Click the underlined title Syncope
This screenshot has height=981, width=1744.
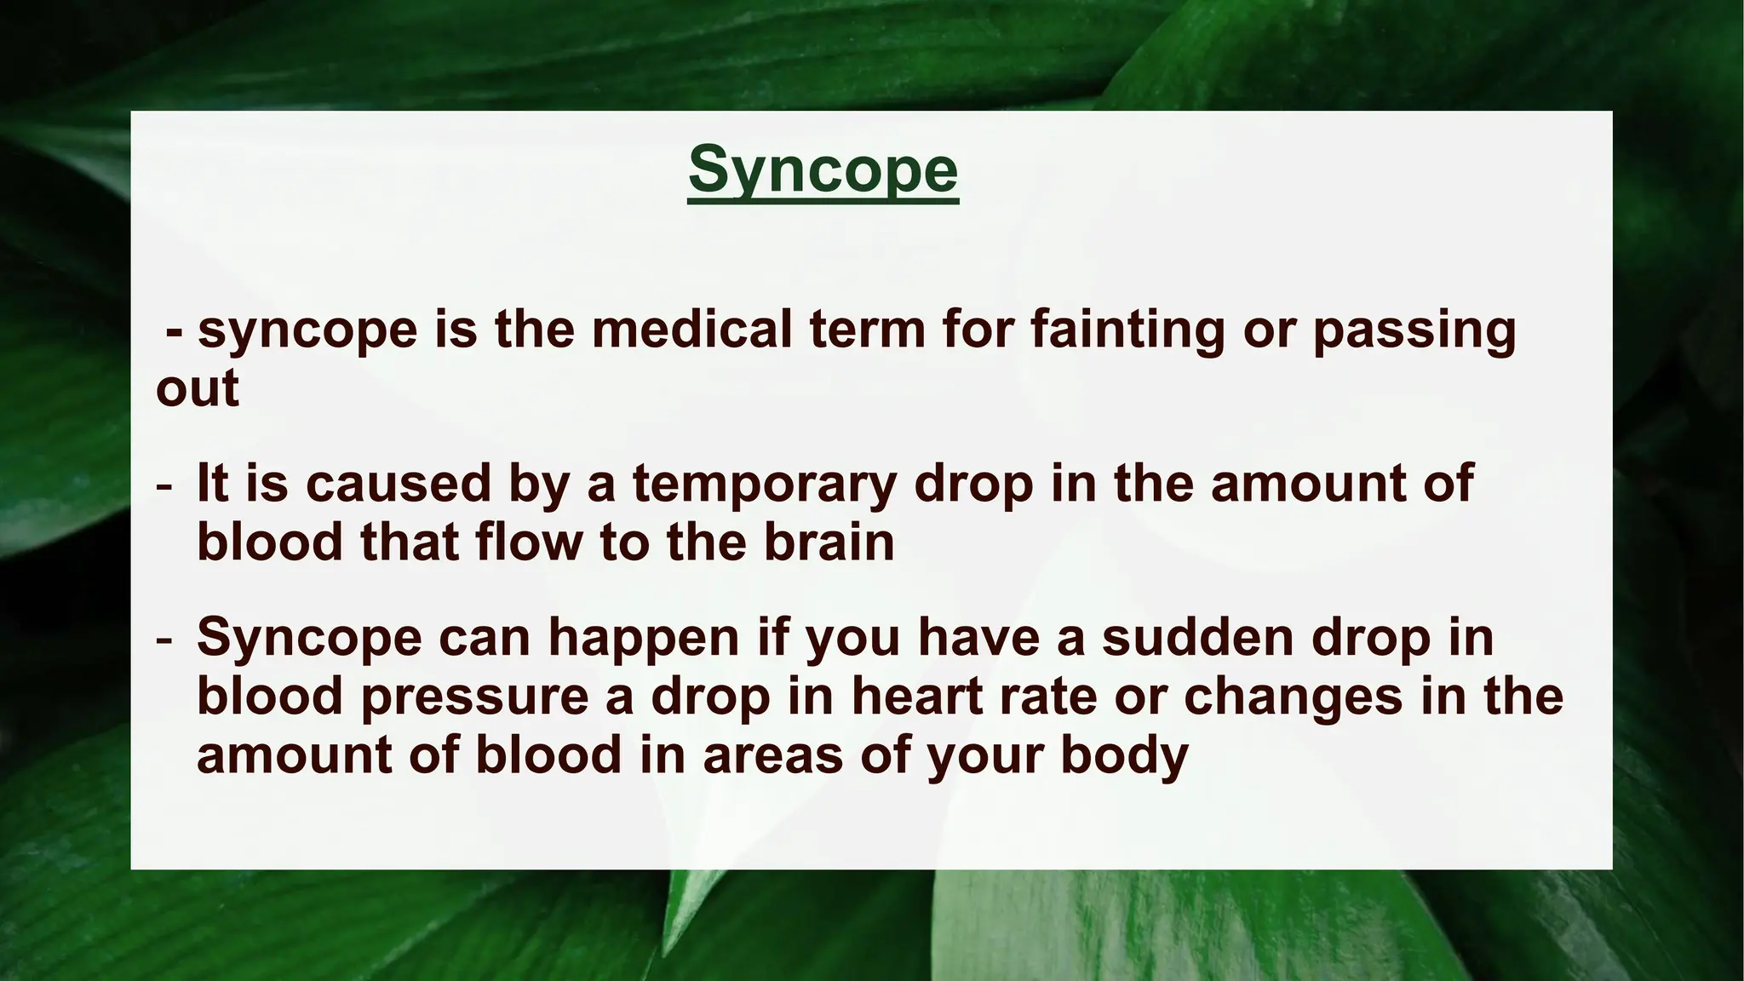pos(823,170)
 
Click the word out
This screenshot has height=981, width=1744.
pos(198,389)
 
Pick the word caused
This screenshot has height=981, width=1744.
pos(399,483)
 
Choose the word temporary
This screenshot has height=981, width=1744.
pos(765,483)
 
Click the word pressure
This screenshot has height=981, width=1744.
pos(474,697)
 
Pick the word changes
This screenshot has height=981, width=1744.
pos(1293,697)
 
